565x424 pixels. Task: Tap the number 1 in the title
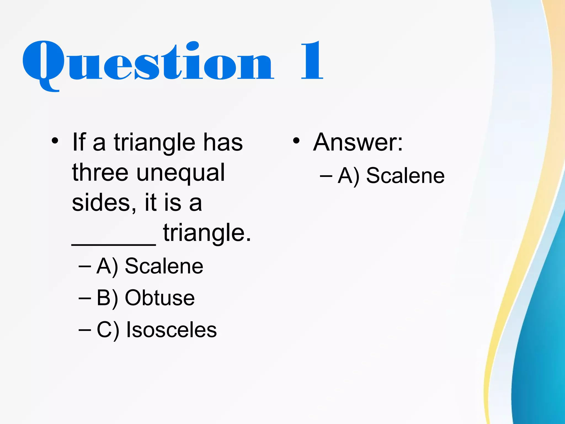click(x=312, y=61)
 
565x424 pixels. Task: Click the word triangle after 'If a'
click(x=154, y=143)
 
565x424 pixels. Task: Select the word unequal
click(x=180, y=173)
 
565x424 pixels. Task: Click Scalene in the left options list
click(x=164, y=266)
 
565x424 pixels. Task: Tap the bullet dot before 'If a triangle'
click(x=55, y=141)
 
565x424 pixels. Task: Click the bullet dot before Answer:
click(x=296, y=141)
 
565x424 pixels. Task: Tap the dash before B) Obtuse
click(x=84, y=298)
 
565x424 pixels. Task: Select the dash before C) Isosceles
click(x=84, y=330)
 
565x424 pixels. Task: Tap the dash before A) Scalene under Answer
click(x=326, y=176)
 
